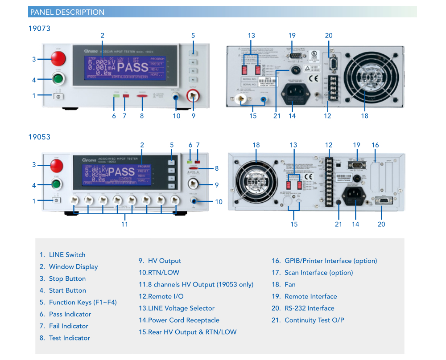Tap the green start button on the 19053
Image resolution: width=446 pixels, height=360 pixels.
56,185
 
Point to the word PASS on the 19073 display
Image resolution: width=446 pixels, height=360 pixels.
132,68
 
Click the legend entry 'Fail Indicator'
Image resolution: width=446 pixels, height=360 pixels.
69,326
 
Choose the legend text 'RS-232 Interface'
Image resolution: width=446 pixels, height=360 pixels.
309,308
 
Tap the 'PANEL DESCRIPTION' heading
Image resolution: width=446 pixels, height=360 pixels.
67,12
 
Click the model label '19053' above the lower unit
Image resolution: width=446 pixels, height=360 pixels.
39,137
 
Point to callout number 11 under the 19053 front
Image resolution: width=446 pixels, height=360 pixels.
124,224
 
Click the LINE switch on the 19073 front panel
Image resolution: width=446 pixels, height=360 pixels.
59,95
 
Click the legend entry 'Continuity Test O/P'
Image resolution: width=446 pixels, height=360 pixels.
314,320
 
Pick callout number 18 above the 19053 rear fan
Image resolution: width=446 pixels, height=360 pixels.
256,145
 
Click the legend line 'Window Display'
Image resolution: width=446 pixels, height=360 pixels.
73,266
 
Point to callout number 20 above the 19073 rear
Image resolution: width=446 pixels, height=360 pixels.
329,36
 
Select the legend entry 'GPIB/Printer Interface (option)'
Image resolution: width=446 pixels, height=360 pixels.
330,261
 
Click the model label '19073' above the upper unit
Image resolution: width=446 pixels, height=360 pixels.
39,29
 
